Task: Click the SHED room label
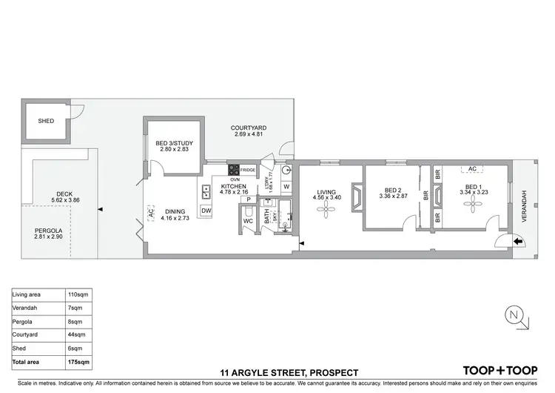[46, 121]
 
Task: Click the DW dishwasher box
[206, 211]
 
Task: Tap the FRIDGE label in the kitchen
[248, 171]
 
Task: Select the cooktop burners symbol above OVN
[233, 170]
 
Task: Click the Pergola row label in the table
[24, 321]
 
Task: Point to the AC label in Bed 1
[471, 169]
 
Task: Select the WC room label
[248, 220]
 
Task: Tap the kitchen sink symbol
[206, 193]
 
